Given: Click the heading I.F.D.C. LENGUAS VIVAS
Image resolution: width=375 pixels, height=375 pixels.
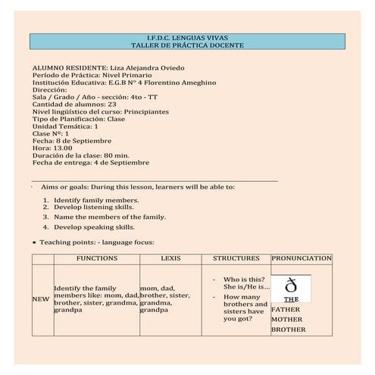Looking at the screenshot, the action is click(186, 36).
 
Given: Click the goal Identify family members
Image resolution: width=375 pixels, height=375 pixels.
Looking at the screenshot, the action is click(96, 200).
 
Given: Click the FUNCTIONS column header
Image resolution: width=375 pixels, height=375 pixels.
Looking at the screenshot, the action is click(97, 258).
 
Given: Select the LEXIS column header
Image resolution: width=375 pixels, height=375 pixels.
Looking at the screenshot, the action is click(170, 258).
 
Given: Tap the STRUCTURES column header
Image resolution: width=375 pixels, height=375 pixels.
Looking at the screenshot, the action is click(236, 258).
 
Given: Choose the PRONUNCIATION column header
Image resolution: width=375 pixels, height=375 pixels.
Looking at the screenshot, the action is click(301, 258).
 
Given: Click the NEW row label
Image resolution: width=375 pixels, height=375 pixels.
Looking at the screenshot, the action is click(40, 298).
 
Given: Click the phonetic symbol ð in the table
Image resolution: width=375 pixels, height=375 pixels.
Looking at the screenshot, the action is click(290, 285).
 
